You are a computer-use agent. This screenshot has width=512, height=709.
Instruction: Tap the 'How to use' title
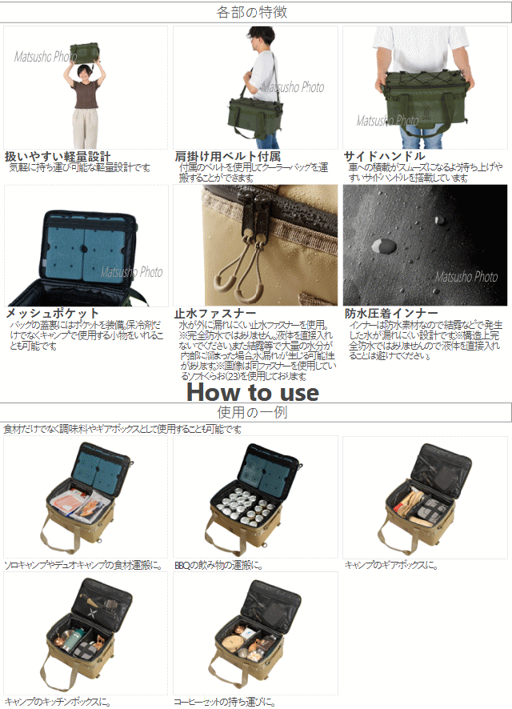click(x=252, y=392)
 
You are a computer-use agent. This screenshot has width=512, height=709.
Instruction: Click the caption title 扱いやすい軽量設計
click(x=58, y=156)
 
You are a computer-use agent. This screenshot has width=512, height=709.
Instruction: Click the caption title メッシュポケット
click(x=53, y=313)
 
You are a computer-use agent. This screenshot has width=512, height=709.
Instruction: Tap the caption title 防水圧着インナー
click(x=391, y=313)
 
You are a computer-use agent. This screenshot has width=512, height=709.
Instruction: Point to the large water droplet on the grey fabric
click(x=385, y=245)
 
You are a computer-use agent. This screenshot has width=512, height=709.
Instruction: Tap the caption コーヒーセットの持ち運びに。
click(x=225, y=702)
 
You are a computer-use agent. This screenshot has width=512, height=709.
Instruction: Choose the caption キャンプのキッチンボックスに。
click(x=57, y=702)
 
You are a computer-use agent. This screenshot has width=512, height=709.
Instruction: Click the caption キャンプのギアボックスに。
click(x=391, y=565)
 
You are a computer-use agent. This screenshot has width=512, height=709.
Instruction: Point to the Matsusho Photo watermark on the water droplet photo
click(x=466, y=277)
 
